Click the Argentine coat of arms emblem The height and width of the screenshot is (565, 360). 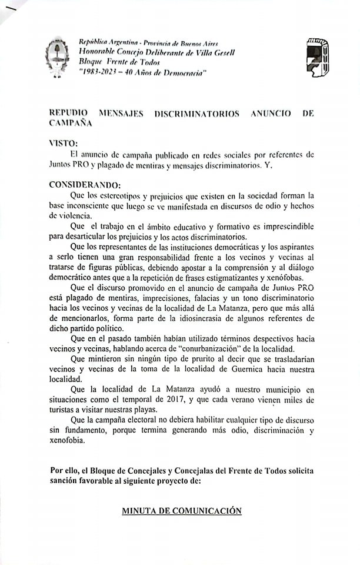coord(57,57)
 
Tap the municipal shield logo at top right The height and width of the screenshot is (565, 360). coord(318,56)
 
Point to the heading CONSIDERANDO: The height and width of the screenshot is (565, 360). coord(85,185)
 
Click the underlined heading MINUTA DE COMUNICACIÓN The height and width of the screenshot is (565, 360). coord(182,511)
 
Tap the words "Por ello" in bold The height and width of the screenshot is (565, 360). coord(64,471)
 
